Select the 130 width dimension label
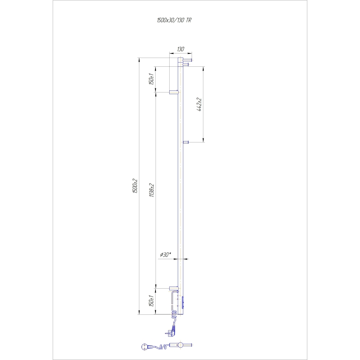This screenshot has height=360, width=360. point(180,49)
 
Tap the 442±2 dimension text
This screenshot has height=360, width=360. point(199,105)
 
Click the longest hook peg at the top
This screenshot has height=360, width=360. point(187,60)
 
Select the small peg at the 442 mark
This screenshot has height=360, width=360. point(186,142)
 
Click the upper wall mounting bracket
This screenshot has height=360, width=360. point(173,91)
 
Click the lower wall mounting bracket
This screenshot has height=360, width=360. point(173,287)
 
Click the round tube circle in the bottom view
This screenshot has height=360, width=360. point(180,345)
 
